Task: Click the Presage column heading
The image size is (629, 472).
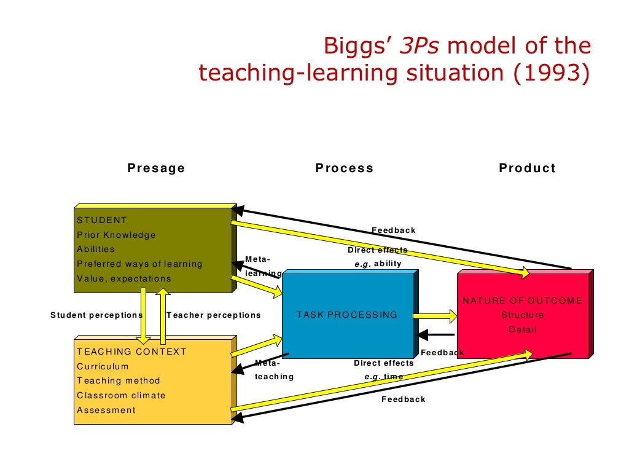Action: coord(156,168)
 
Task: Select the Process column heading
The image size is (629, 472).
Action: coord(344,168)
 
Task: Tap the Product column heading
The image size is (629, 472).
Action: coord(527,168)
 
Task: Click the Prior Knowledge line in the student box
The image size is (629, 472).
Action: coord(116,235)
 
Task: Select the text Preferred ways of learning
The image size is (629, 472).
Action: coord(139,264)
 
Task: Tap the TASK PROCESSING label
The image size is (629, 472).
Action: coord(347,315)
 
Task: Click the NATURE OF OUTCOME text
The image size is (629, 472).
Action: coord(522,301)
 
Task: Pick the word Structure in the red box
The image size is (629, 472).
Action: coord(522,315)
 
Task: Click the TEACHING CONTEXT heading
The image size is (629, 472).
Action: coord(131,352)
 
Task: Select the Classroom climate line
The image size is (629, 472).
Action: coord(121,396)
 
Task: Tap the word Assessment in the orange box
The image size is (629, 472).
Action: coord(106,411)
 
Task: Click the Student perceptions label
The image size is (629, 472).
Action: coord(96,315)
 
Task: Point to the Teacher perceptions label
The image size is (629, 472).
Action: coord(213,315)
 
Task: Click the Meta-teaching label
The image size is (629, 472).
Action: coord(274,369)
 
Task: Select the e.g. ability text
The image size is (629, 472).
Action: coord(378,264)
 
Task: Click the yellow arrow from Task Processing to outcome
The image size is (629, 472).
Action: coord(436,316)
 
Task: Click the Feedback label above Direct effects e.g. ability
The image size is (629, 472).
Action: coord(393,230)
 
